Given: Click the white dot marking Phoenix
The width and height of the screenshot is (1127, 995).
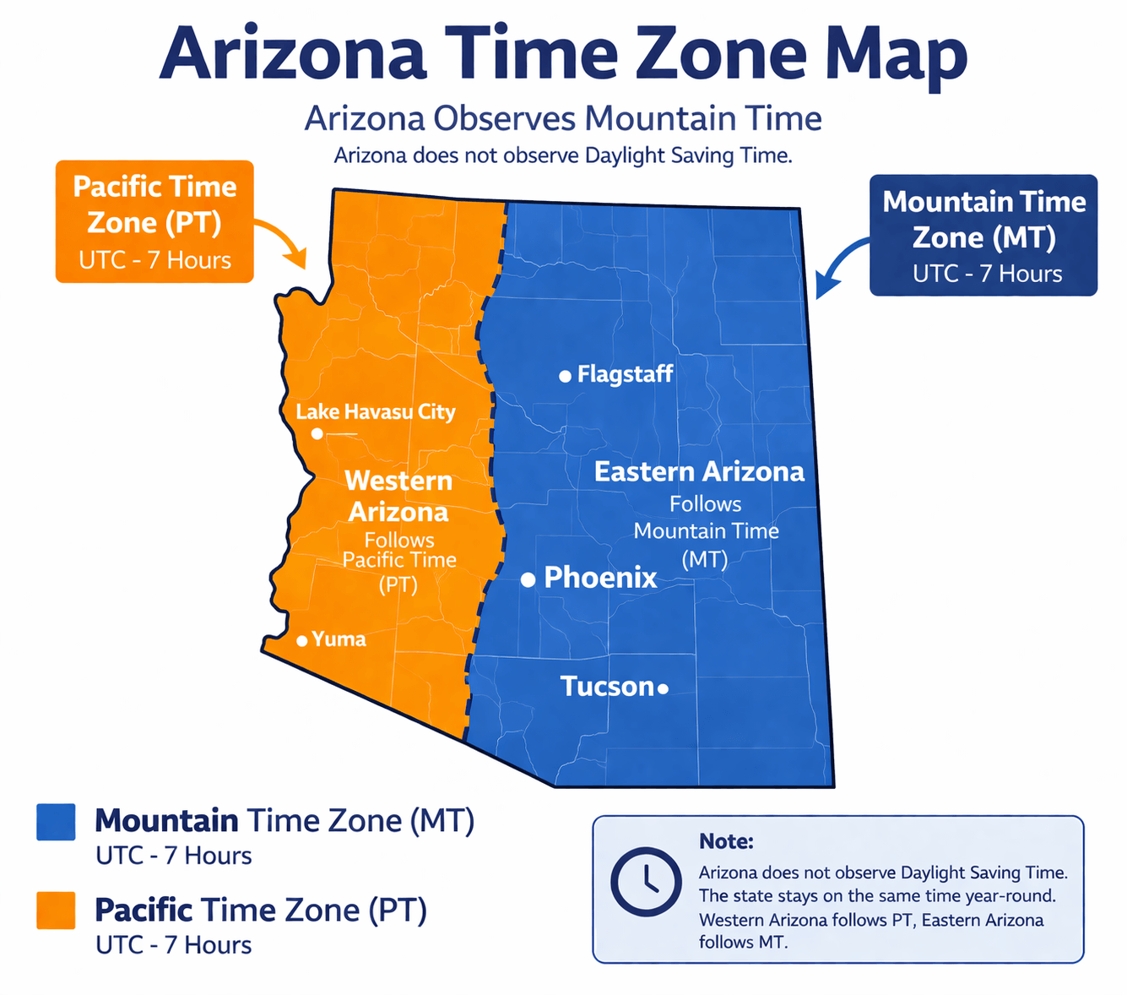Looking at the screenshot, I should pos(528,579).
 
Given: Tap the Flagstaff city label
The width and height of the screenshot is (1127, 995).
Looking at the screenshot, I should pos(625,374).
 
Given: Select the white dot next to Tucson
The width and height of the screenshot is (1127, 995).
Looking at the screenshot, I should pos(663,689).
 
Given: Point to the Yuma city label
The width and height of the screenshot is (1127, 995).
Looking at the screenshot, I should pos(339,639).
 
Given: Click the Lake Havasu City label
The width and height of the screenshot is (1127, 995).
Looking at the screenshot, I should pos(376,412).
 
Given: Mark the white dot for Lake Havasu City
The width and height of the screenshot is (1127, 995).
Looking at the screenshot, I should pos(317,433).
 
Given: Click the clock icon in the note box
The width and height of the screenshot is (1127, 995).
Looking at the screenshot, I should pos(646,882).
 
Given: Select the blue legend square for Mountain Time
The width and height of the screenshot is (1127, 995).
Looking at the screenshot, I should pos(57,822).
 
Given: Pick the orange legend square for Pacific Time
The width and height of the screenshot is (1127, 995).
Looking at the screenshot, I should pos(57,911).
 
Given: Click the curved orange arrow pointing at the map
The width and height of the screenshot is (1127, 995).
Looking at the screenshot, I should pos(283,240).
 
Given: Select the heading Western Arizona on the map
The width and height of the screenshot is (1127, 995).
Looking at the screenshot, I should pos(398,497).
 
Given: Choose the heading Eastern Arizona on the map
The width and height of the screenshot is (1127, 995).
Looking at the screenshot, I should pos(699,471).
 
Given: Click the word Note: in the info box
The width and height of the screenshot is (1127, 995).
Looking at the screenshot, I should pos(726,841).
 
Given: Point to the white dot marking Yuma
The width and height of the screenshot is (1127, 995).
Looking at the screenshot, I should pos(301,641).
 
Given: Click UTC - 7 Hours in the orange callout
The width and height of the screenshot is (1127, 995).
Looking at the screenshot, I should pos(155,260).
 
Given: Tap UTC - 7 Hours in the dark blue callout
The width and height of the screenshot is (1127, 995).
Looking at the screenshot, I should pos(987,274).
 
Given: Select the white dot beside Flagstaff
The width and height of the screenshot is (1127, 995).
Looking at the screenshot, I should pos(565,377).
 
